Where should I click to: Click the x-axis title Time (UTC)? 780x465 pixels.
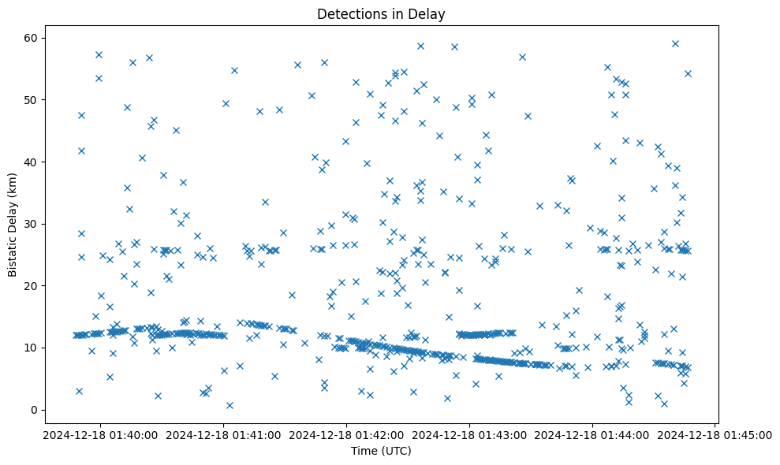381,452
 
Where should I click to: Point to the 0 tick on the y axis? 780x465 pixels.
35,410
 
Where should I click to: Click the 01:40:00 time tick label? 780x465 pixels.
99,435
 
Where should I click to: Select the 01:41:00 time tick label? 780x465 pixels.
223,435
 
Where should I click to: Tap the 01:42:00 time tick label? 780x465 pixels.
346,435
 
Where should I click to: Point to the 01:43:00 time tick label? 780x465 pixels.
470,435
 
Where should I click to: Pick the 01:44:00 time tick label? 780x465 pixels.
593,435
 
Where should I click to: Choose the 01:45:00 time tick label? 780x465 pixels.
716,435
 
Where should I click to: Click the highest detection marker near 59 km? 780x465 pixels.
675,43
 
